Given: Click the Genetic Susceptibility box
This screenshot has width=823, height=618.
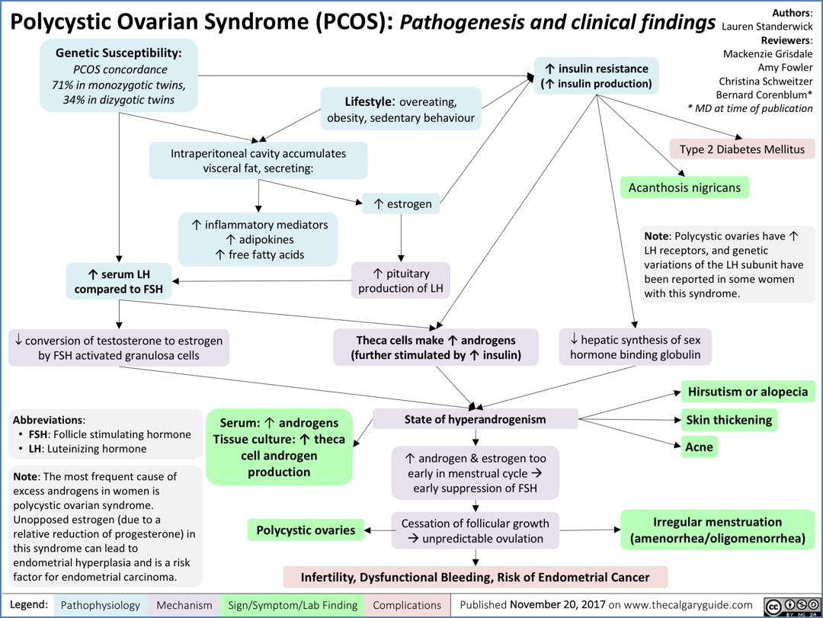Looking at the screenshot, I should (x=119, y=76).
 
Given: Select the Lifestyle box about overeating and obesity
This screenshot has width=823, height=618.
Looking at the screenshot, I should (x=401, y=109).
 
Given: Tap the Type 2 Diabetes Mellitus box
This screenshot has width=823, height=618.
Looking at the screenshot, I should (x=742, y=149).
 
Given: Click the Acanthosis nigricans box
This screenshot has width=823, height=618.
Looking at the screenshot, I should (x=685, y=187).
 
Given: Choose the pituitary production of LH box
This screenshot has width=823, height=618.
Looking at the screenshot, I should (x=401, y=280).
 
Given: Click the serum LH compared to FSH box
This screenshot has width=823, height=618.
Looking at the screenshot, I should (x=119, y=282).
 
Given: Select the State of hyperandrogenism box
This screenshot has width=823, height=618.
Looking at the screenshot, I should (x=475, y=419).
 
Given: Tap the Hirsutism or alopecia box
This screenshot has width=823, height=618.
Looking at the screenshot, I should (x=748, y=392).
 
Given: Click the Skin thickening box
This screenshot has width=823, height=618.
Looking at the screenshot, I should (x=729, y=420).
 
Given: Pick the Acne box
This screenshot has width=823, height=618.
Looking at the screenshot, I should (x=699, y=447).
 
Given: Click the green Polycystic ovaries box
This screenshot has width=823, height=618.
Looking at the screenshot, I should (x=305, y=530).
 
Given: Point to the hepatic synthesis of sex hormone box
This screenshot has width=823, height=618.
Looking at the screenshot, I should (x=635, y=347).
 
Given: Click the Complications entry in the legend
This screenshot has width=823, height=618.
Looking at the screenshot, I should (x=406, y=605).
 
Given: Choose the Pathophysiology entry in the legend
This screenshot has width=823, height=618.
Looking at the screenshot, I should (x=100, y=605).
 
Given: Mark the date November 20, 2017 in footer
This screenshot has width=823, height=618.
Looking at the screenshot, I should (x=562, y=605).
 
